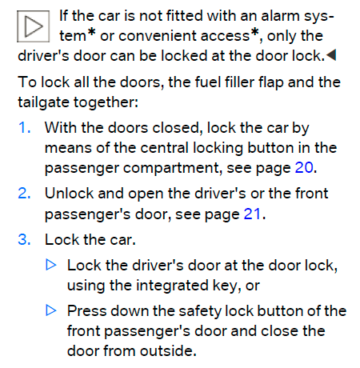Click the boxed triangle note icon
point(33,26)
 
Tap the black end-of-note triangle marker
point(331,55)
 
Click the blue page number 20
point(304,167)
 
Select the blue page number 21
point(252,214)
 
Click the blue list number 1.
point(24,127)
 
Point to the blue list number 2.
point(24,193)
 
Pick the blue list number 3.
point(24,239)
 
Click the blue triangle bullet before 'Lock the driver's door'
point(51,265)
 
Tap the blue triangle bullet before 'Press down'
point(51,310)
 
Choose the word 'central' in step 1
point(164,147)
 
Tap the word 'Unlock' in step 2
point(70,193)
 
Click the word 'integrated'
point(172,286)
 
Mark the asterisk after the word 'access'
point(254,33)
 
